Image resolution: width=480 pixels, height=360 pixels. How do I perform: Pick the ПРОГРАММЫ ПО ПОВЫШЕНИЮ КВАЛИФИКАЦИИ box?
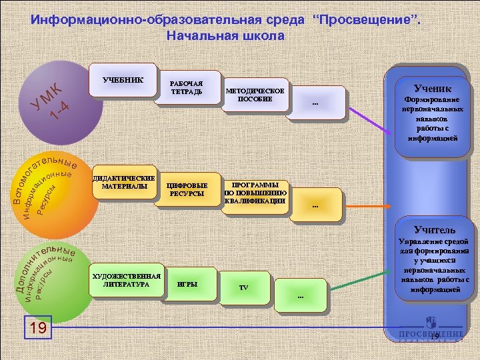[x=255, y=193]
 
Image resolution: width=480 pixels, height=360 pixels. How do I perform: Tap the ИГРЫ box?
[x=187, y=284]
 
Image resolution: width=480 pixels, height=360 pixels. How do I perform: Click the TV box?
[x=244, y=288]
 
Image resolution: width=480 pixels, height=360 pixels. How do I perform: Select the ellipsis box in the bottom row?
[x=301, y=295]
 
